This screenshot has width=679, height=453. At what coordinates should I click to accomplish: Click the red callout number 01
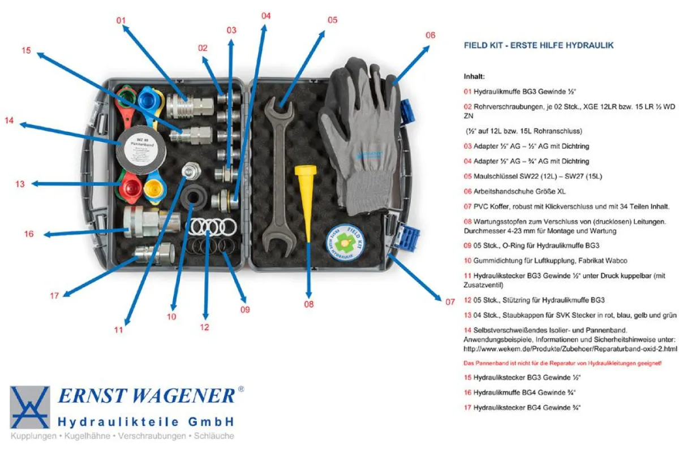[x=121, y=20]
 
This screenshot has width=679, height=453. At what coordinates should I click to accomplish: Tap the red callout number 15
[x=26, y=50]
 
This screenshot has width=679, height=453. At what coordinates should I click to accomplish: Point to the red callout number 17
[x=54, y=295]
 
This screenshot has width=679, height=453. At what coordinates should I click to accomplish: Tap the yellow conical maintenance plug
[x=306, y=192]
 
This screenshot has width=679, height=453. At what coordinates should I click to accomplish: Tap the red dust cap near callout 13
[x=131, y=189]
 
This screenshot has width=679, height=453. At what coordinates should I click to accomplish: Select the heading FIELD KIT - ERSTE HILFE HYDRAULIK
[x=538, y=45]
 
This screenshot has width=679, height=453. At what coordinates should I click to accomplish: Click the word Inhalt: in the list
[x=474, y=76]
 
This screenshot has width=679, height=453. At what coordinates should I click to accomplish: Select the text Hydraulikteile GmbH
[x=146, y=422]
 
